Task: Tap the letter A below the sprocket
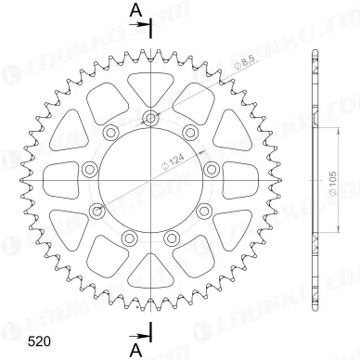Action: (135, 348)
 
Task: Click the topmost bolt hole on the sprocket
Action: (150, 117)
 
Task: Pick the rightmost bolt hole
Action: (211, 168)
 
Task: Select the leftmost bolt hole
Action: (90, 168)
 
